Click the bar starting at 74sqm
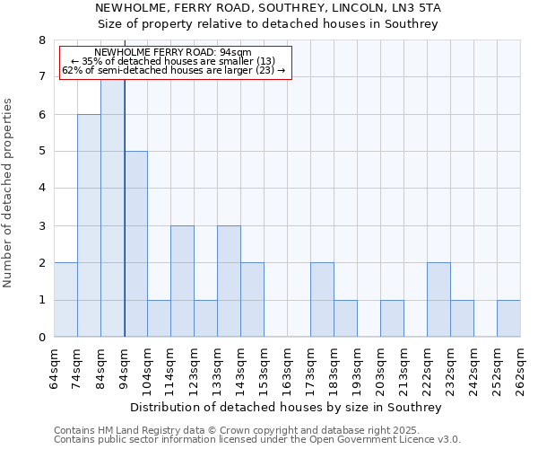pos(89,225)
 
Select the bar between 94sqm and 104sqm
pos(135,244)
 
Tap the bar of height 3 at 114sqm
pos(182,281)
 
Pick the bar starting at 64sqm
pos(65,300)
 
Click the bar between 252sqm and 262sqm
pos(508,319)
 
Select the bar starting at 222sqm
pos(438,300)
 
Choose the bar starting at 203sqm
pos(392,319)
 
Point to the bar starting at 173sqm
pos(322,300)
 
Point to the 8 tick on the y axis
pos(41,40)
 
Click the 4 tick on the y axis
pos(41,189)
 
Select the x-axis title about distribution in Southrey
pos(286,407)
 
